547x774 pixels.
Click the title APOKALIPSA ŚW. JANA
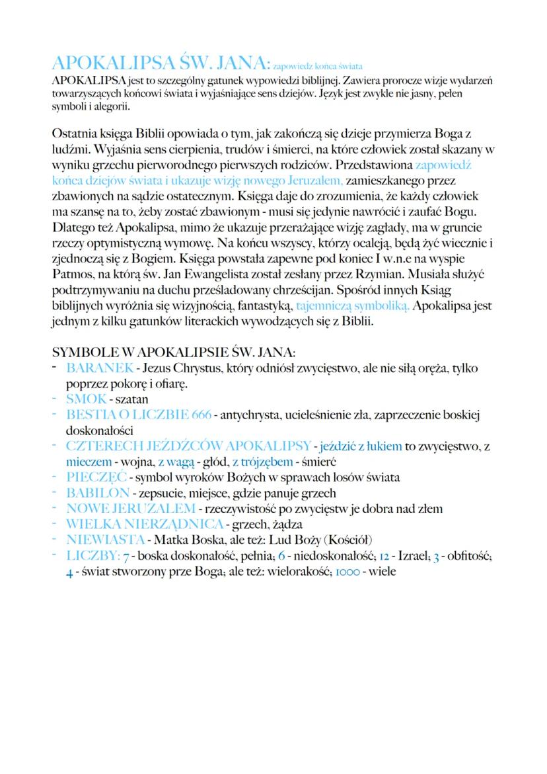pos(161,63)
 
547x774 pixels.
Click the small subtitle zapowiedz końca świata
pos(318,66)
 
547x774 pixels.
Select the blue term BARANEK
pos(99,368)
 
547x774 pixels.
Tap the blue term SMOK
pos(86,399)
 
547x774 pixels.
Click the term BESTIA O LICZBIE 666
pos(139,415)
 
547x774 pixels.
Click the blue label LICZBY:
pos(92,556)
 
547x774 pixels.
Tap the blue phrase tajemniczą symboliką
pos(353,306)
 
